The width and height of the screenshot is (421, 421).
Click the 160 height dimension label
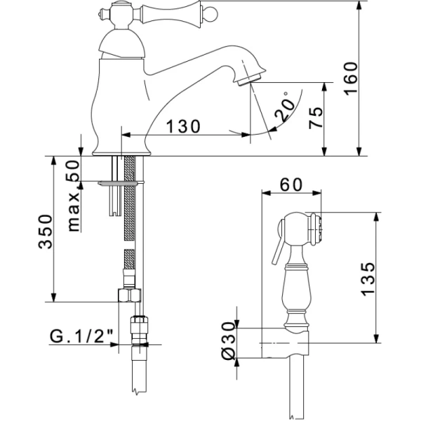(x=351, y=79)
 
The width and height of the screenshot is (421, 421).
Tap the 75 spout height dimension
(x=316, y=118)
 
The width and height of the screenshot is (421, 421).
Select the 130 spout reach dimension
(x=183, y=126)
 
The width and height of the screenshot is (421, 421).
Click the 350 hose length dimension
(x=45, y=232)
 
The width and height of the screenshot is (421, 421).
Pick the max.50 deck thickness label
(x=73, y=196)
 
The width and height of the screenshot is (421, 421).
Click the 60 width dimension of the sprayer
(x=291, y=185)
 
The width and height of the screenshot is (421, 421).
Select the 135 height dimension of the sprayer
(x=367, y=279)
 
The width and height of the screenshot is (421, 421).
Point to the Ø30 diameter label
(x=229, y=340)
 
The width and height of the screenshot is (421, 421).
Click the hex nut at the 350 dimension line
(x=130, y=295)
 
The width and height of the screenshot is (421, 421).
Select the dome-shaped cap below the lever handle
(x=122, y=44)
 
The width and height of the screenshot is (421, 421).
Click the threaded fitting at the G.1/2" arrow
(x=139, y=331)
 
